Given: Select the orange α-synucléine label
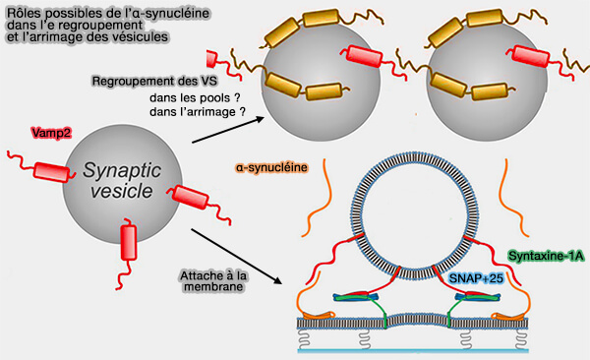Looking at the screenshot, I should tap(273, 168).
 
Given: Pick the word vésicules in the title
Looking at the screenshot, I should tap(138, 36).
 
